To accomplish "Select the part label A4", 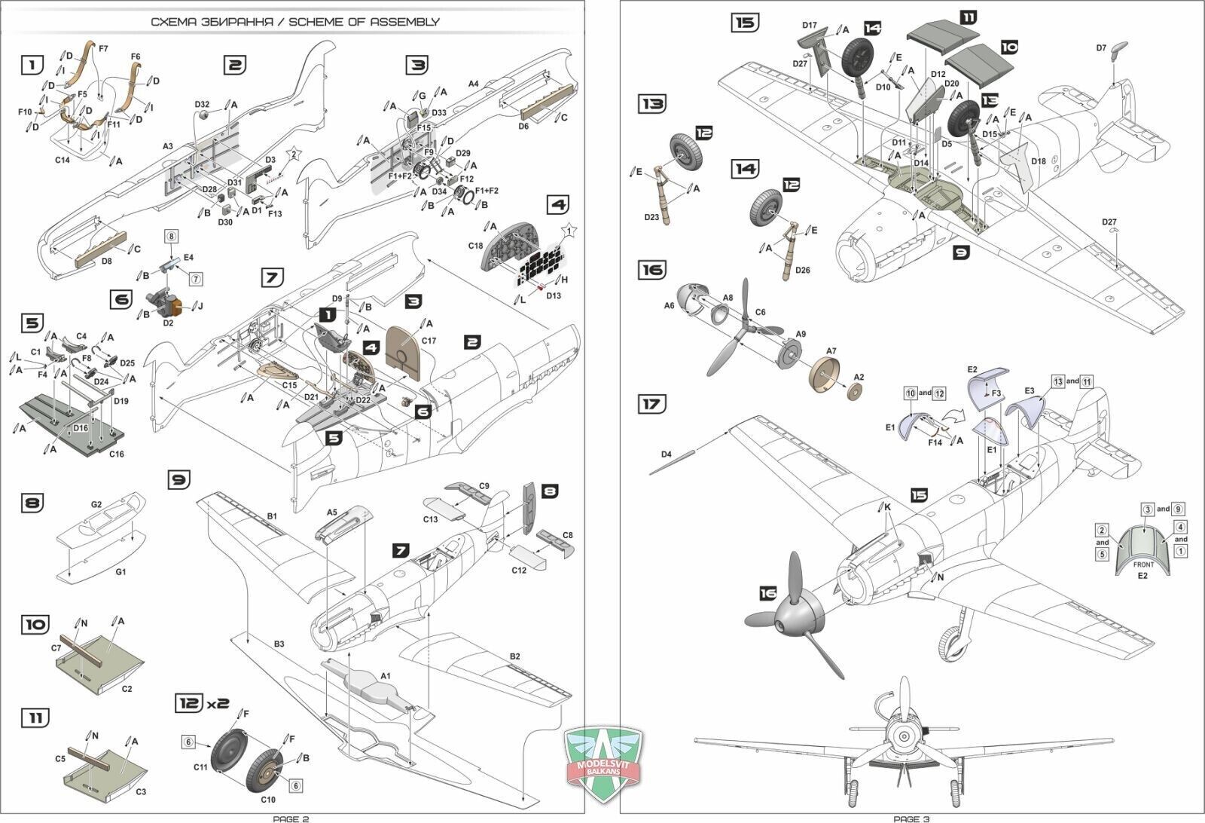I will (474, 84).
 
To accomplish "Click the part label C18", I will (475, 246).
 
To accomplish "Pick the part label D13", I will (554, 296).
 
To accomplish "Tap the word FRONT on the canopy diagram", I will (1143, 564).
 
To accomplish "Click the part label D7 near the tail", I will (1101, 48).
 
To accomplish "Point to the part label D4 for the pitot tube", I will (666, 454).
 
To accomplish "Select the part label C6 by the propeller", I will (760, 312).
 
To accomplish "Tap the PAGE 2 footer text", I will (291, 818).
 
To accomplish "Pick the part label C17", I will (428, 341).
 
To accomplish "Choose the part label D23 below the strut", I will (652, 218).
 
